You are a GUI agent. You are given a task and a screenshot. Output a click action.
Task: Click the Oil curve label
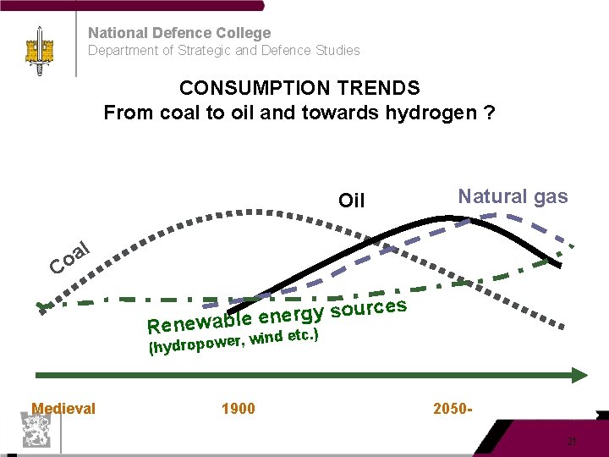point(351,201)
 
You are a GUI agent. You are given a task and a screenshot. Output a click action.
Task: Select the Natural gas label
point(513,197)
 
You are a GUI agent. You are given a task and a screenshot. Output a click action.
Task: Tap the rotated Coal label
point(69,259)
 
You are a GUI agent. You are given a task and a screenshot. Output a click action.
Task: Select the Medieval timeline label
point(63,409)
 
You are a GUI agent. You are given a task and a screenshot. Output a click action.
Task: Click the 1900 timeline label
point(238,409)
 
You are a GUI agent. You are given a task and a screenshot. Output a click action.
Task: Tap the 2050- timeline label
point(453,409)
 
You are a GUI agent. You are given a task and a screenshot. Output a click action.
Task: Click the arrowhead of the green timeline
point(579,375)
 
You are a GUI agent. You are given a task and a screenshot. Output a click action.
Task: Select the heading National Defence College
point(179,33)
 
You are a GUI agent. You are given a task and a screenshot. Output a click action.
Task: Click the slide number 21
point(572,442)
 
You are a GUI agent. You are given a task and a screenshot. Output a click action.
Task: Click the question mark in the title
point(490,113)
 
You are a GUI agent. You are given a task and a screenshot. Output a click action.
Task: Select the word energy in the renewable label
point(292,316)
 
